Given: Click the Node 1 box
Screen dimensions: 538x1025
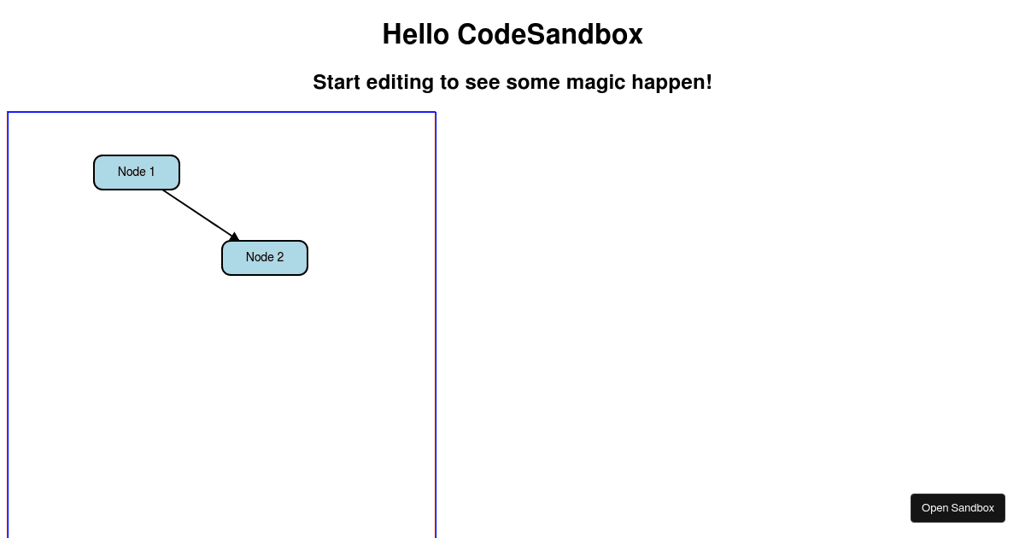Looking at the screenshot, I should coord(137,173).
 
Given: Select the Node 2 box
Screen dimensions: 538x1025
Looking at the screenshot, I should coord(265,258).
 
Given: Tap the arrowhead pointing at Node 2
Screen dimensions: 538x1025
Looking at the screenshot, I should coord(234,237).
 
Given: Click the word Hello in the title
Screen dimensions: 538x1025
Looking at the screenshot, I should coord(415,35).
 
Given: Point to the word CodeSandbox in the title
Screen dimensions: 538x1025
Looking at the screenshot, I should coord(549,35).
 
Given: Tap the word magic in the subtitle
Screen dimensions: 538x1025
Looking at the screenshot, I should coord(595,83).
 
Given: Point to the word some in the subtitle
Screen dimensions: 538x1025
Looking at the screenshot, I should coord(532,83).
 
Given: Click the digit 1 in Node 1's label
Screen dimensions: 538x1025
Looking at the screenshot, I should coord(152,173).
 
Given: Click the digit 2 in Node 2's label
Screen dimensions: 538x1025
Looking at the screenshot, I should coord(280,258).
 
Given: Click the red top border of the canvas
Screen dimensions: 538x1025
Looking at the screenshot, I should coord(222,112).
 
